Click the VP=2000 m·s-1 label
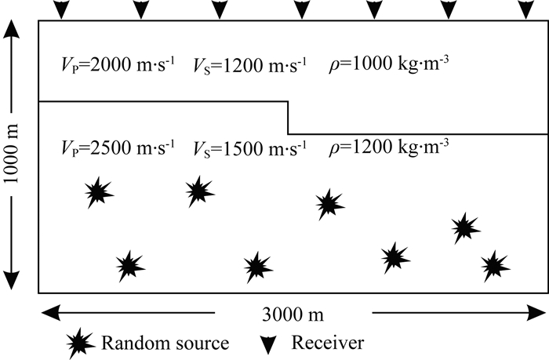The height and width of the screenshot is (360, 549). click(x=118, y=64)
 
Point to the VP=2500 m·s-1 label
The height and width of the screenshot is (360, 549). click(x=118, y=147)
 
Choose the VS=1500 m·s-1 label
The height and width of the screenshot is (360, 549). click(x=251, y=147)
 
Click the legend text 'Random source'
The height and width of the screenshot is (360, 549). click(x=164, y=343)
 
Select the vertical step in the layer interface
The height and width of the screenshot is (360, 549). click(x=288, y=118)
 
